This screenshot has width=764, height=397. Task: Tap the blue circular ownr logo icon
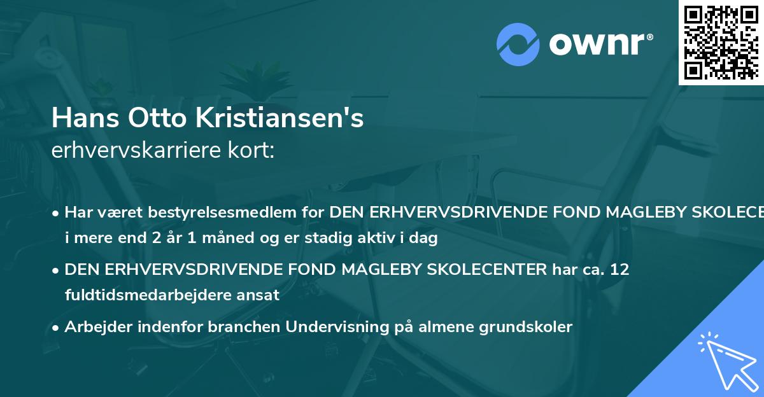(x=518, y=44)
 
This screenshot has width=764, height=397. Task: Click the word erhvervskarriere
(x=128, y=151)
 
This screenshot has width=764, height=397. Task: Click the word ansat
(x=260, y=295)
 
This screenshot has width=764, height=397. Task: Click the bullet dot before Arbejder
(x=57, y=328)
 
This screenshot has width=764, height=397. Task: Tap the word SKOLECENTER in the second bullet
(x=483, y=270)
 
